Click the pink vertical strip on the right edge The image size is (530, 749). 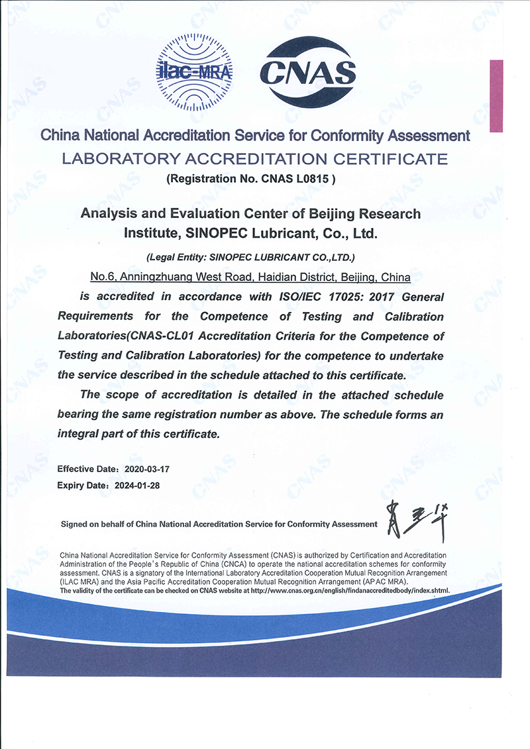point(496,96)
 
